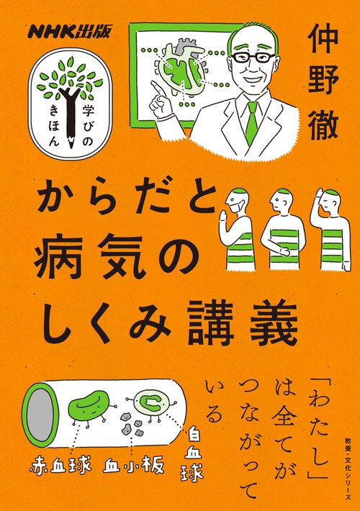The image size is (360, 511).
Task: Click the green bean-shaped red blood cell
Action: coord(88,407)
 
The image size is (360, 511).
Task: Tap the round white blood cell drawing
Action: coord(153,404)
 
